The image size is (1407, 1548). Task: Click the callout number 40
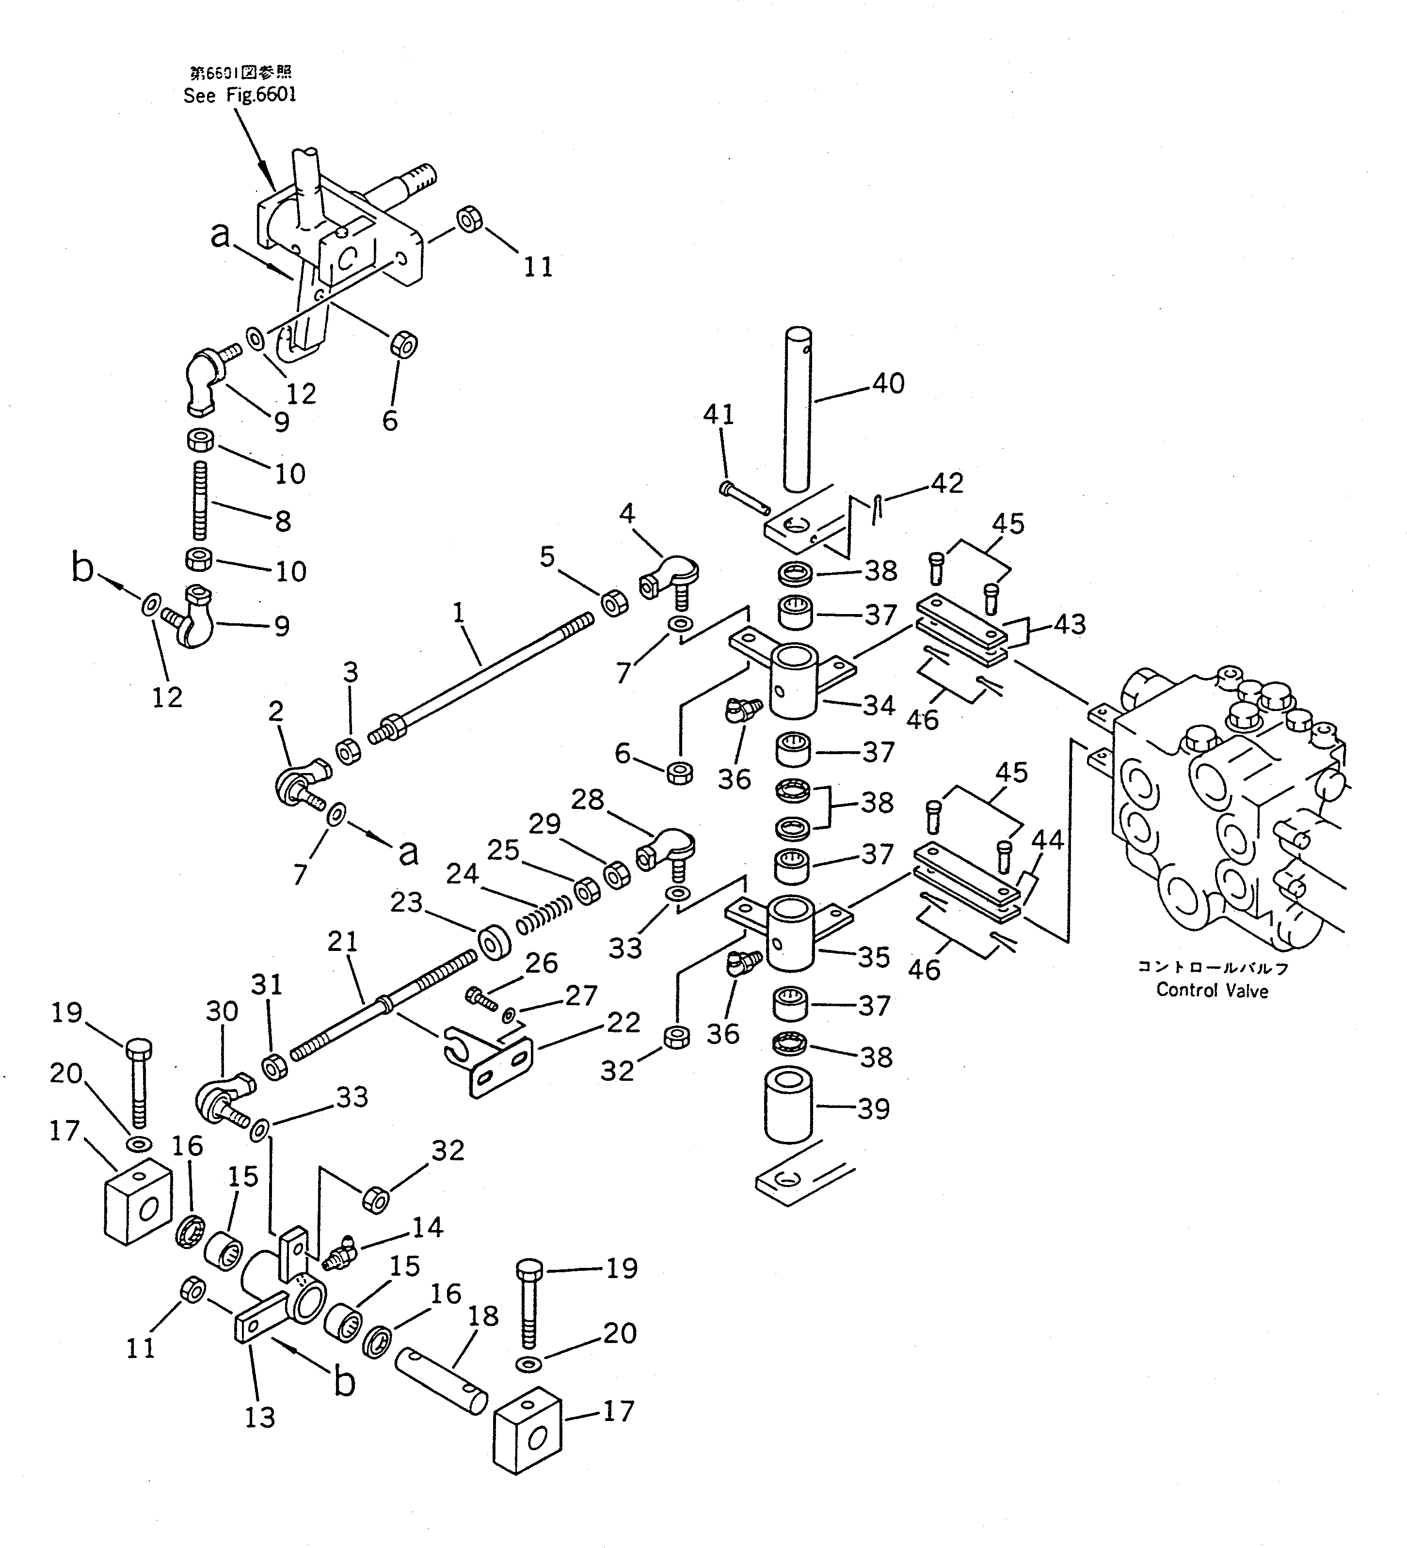click(889, 383)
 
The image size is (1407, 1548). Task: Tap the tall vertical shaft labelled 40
click(797, 407)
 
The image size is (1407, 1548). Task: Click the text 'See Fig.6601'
click(240, 95)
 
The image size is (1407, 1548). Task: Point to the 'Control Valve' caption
click(1212, 991)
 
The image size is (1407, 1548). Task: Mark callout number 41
click(719, 415)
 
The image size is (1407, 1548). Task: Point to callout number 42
click(947, 483)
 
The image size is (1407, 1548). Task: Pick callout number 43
click(1069, 624)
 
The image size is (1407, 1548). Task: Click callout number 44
click(1047, 840)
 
